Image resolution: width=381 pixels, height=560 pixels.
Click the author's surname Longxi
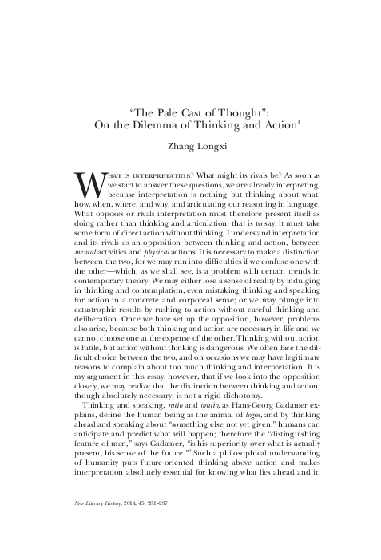tap(212, 148)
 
